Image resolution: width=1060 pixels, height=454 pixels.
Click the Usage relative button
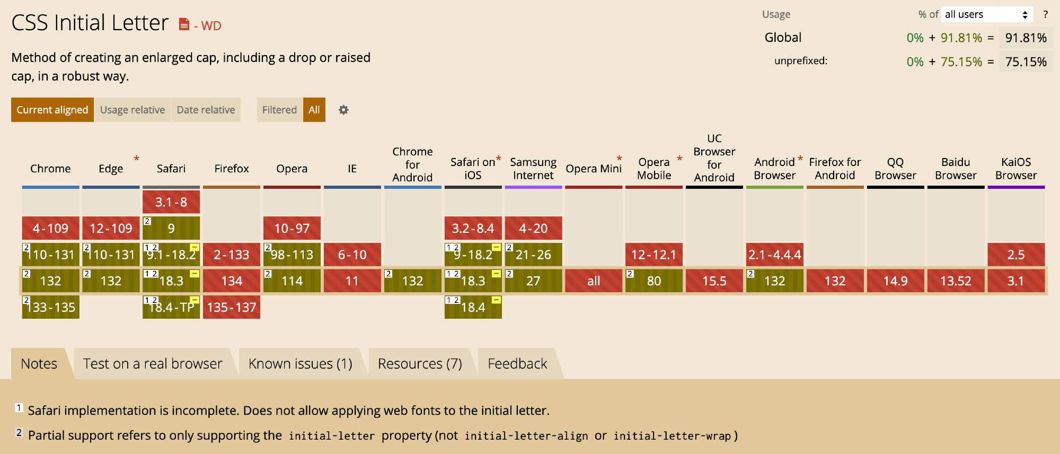coord(132,110)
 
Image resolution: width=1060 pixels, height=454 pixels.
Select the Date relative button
coord(206,110)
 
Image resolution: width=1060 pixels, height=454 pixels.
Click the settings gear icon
coord(343,110)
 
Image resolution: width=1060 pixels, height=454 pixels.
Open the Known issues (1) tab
coord(300,364)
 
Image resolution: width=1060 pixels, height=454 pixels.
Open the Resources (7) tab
coord(420,364)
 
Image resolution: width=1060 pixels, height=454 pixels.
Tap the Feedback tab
coord(517,364)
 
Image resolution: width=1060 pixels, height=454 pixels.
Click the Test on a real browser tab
coord(153,364)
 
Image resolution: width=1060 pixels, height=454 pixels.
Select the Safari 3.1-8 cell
coord(171,202)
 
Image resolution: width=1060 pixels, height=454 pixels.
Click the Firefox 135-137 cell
coord(232,307)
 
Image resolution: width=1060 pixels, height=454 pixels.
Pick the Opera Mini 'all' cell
coord(594,281)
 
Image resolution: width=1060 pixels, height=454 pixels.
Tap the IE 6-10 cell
coord(352,255)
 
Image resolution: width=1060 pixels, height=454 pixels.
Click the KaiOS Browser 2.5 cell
coord(1016,255)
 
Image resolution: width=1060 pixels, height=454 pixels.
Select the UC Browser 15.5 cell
coord(714,281)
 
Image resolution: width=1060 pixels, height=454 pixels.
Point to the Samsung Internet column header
coord(533,169)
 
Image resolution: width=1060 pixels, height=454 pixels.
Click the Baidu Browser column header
coord(956,169)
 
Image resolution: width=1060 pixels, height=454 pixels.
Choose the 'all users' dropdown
coord(987,14)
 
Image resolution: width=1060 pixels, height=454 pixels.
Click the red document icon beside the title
coord(184,24)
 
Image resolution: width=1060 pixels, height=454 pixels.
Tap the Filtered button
coord(279,110)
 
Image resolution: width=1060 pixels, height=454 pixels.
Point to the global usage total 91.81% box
coord(1026,38)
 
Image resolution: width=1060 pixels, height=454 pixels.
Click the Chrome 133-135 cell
coord(51,307)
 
